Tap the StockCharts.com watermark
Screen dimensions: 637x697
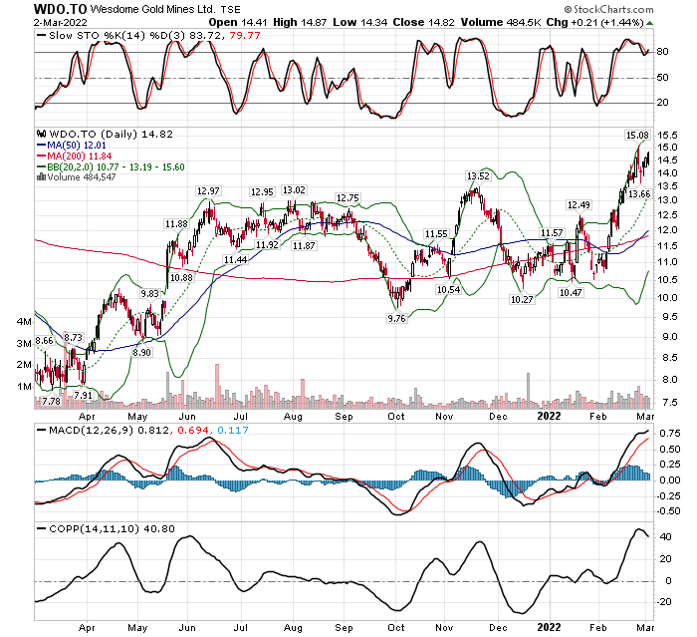[x=630, y=9]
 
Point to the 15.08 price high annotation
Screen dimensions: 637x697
[x=635, y=134]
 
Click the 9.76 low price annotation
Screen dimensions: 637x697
[x=396, y=318]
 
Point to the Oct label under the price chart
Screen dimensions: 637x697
[x=396, y=413]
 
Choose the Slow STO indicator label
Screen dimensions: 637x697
[x=73, y=36]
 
